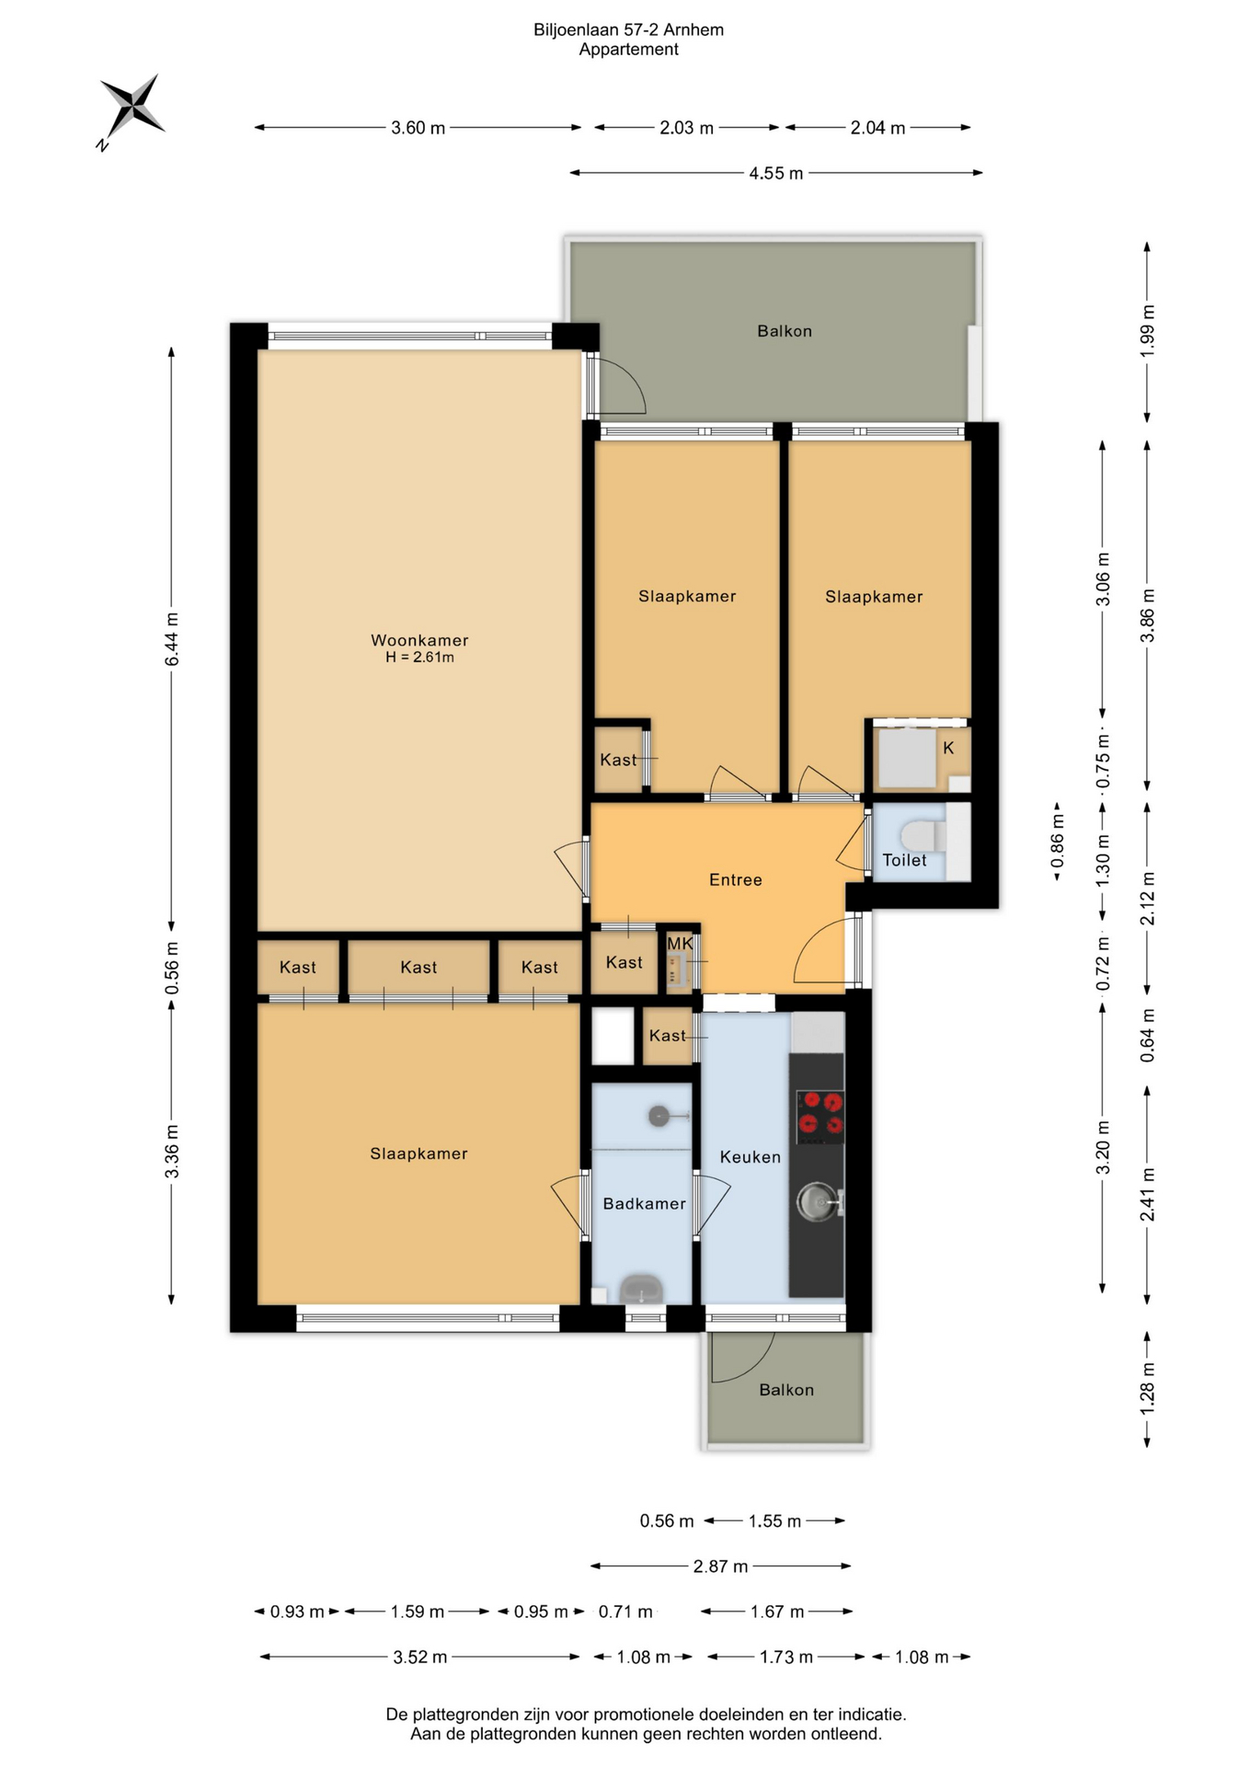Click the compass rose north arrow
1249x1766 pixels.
coord(132,108)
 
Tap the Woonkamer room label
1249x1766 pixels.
coord(419,640)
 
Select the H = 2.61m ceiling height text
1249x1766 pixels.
coord(419,658)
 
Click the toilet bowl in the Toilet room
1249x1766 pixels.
coord(922,836)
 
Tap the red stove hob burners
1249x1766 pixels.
coord(819,1113)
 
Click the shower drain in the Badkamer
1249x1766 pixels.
coord(659,1116)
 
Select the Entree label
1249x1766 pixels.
coord(736,880)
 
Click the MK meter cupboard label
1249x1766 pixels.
coord(680,944)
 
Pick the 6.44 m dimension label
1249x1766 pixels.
coord(171,639)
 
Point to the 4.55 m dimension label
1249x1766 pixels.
coord(776,173)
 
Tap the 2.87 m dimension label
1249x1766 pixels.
coord(720,1565)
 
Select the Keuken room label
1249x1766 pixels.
coord(751,1157)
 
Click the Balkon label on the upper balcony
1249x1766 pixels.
coord(785,331)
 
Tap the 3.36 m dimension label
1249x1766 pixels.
coord(171,1152)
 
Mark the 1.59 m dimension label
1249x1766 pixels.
coord(418,1611)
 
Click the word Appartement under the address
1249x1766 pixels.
coord(629,50)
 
